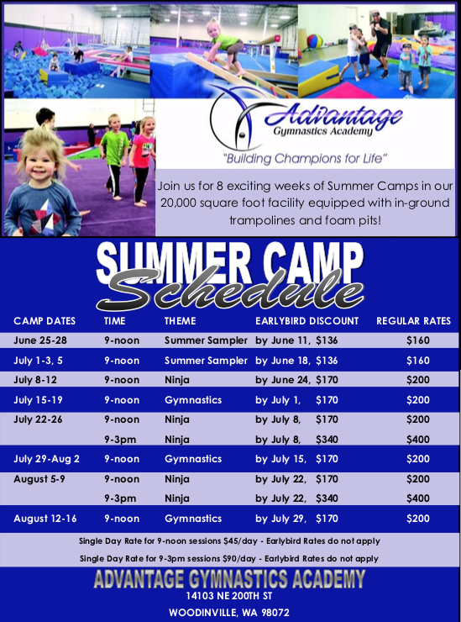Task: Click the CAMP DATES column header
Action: [45, 321]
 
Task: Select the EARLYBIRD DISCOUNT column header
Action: [306, 321]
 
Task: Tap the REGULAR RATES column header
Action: [413, 321]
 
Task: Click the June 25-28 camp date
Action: [40, 340]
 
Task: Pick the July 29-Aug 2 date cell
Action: [46, 459]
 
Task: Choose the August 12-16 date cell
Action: [45, 519]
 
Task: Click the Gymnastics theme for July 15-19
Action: [193, 400]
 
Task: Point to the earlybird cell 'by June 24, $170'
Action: [296, 380]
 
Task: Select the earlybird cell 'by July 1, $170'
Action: [296, 400]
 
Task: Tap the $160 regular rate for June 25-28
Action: [418, 340]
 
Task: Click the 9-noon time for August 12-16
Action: [122, 519]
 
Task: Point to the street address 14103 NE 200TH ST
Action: [229, 596]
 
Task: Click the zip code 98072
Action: [275, 613]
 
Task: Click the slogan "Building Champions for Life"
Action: [305, 159]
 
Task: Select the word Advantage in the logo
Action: [333, 116]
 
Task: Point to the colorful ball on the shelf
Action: [315, 41]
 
